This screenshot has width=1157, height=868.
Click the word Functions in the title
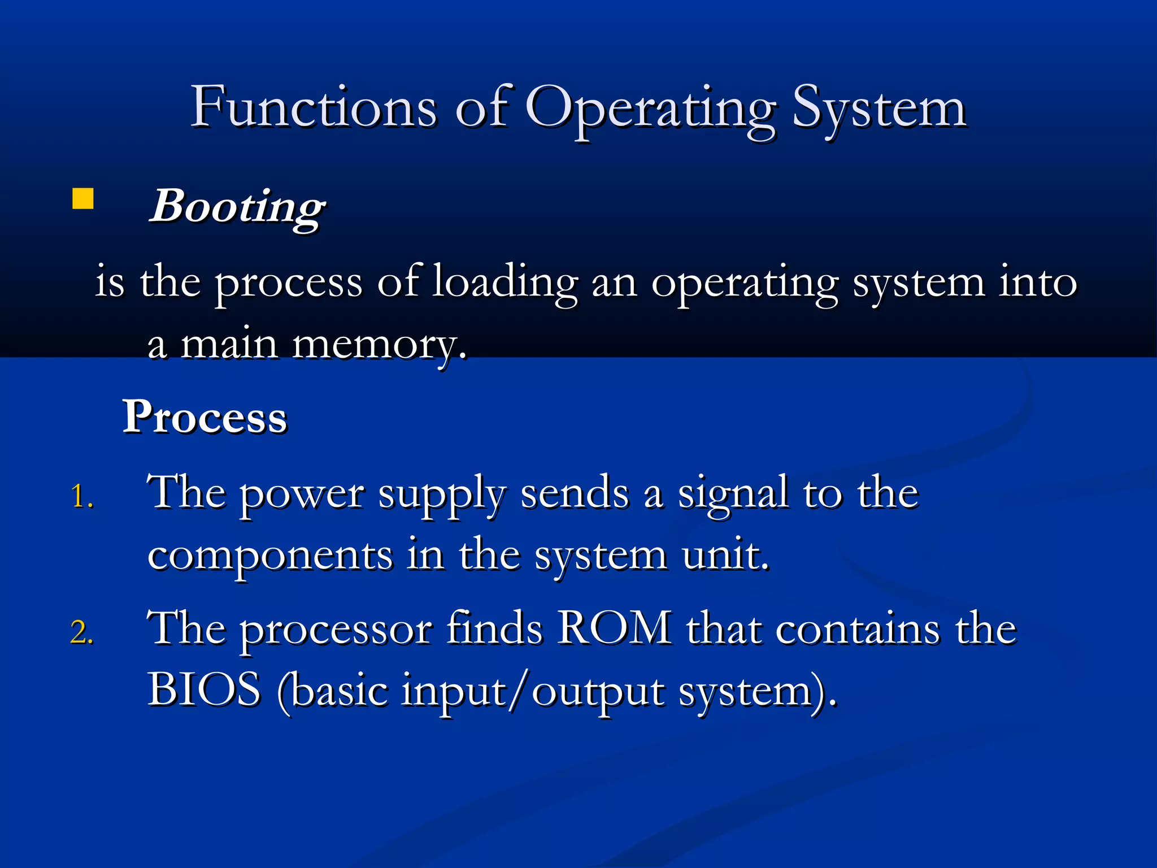(314, 107)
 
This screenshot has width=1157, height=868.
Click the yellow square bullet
(83, 199)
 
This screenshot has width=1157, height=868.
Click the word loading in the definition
(505, 283)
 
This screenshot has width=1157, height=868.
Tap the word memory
(379, 345)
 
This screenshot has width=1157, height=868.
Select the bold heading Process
(205, 417)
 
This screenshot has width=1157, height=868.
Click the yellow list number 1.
(82, 497)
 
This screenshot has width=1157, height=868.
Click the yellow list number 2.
(82, 632)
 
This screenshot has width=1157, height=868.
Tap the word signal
(733, 493)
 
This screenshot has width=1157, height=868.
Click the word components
(270, 557)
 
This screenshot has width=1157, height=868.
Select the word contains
(858, 630)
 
